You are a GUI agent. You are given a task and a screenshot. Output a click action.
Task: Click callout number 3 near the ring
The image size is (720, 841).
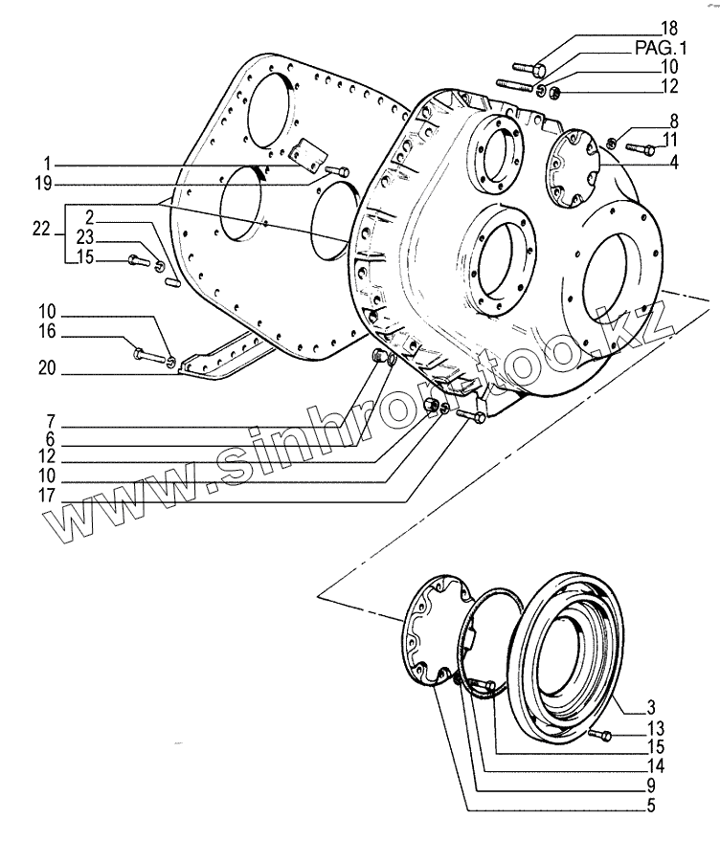[x=650, y=708]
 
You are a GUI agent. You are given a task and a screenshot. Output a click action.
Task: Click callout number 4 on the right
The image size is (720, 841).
[x=674, y=163]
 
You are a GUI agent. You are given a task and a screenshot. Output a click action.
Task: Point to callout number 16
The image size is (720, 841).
[x=46, y=332]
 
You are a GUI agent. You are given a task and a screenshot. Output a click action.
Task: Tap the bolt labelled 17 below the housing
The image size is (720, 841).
[x=469, y=416]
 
